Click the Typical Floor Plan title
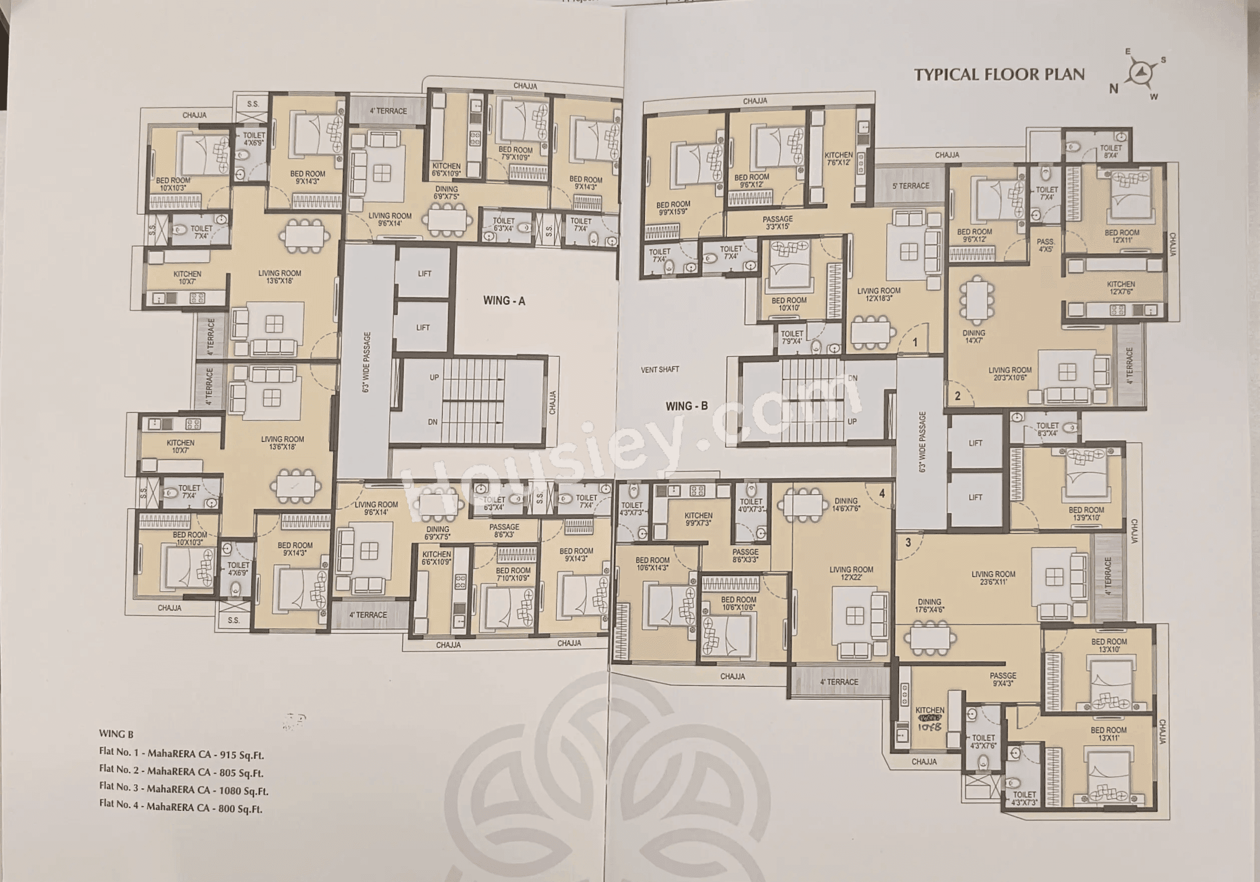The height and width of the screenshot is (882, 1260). click(999, 75)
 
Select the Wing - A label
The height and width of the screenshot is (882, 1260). click(504, 301)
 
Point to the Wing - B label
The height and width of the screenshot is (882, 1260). click(687, 406)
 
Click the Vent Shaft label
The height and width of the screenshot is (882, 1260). click(660, 369)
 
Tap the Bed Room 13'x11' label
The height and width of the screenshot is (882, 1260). click(1108, 734)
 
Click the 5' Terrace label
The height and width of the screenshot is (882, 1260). click(910, 186)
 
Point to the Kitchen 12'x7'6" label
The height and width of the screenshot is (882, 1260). click(1120, 288)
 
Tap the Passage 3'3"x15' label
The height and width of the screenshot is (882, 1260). click(777, 222)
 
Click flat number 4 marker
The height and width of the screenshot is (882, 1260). click(882, 494)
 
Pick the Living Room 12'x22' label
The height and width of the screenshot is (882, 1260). click(851, 574)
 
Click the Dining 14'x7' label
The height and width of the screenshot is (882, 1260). click(974, 336)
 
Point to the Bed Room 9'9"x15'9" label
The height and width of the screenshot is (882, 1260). click(673, 207)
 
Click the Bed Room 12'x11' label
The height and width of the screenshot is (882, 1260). click(1122, 236)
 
